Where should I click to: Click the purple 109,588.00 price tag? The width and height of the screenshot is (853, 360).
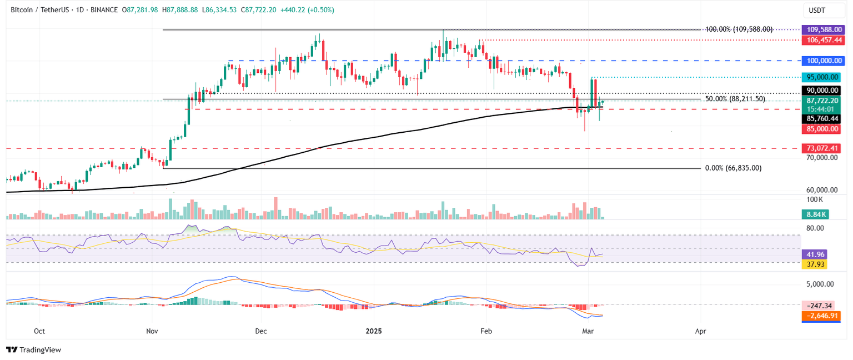coord(824,29)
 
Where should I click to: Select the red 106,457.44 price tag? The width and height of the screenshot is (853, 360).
coord(824,40)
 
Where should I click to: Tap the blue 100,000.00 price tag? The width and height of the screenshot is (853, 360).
coord(824,61)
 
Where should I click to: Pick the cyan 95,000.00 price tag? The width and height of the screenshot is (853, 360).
coord(824,77)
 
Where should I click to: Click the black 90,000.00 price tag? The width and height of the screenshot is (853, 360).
coord(824,90)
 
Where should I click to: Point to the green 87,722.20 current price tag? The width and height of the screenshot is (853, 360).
coord(824,101)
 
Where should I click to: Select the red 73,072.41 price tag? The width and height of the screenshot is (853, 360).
coord(824,148)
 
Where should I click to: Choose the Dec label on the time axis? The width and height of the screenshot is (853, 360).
coord(260,331)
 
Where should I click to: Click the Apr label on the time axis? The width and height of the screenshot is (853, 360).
coord(701,331)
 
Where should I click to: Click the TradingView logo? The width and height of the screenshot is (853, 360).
coord(33,349)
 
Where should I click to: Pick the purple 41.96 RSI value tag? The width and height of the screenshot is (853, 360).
coord(815,254)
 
